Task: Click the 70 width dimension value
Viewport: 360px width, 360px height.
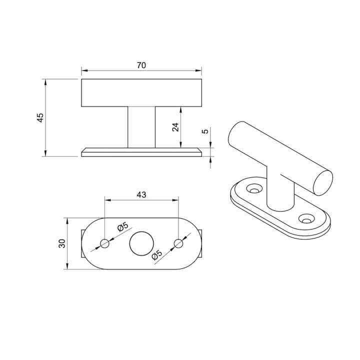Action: click(x=141, y=65)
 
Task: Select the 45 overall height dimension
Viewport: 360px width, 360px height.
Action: click(x=40, y=118)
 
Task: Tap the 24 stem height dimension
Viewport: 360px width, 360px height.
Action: click(x=175, y=127)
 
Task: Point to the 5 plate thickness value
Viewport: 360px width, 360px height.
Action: click(x=206, y=131)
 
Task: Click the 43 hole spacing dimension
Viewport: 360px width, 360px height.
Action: click(x=141, y=194)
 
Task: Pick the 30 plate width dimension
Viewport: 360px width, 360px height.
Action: click(x=62, y=243)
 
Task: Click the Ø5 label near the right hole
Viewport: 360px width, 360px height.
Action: click(x=157, y=255)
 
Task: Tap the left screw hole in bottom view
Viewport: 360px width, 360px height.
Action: click(x=104, y=243)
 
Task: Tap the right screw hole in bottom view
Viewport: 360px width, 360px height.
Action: click(x=178, y=243)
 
